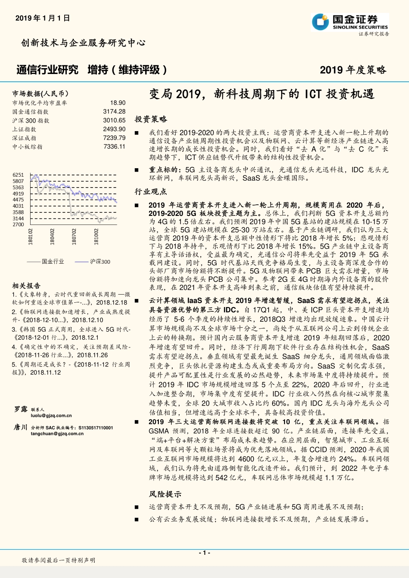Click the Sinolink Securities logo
(350, 22)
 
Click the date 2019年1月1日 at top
(43, 18)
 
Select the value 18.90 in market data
(118, 103)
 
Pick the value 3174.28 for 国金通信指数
(114, 111)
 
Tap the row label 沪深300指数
(31, 120)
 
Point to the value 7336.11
(114, 147)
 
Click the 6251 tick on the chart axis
(18, 175)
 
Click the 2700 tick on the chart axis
(18, 224)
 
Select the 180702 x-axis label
(74, 237)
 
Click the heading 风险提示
(165, 494)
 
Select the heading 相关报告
(26, 286)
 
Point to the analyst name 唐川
(21, 427)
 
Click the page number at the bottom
(204, 553)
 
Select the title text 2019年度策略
(353, 70)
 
